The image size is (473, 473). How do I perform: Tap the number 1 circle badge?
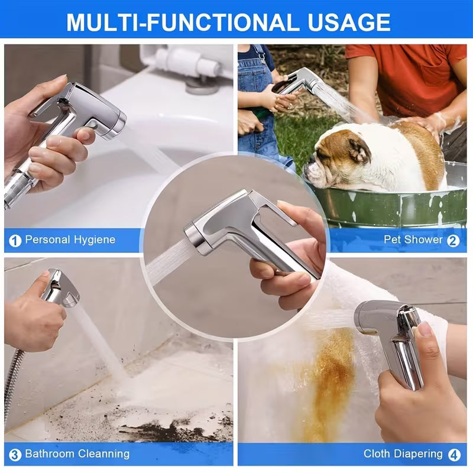click(15, 240)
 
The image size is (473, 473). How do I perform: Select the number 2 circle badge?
click(453, 240)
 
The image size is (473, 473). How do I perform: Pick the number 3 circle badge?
click(15, 454)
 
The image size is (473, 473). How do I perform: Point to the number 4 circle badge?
click(454, 454)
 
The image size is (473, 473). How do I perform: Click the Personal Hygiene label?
click(70, 240)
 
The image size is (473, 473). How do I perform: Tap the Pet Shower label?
click(413, 240)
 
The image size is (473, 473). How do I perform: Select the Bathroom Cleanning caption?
click(77, 454)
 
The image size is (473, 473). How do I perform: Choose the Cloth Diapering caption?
click(402, 454)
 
